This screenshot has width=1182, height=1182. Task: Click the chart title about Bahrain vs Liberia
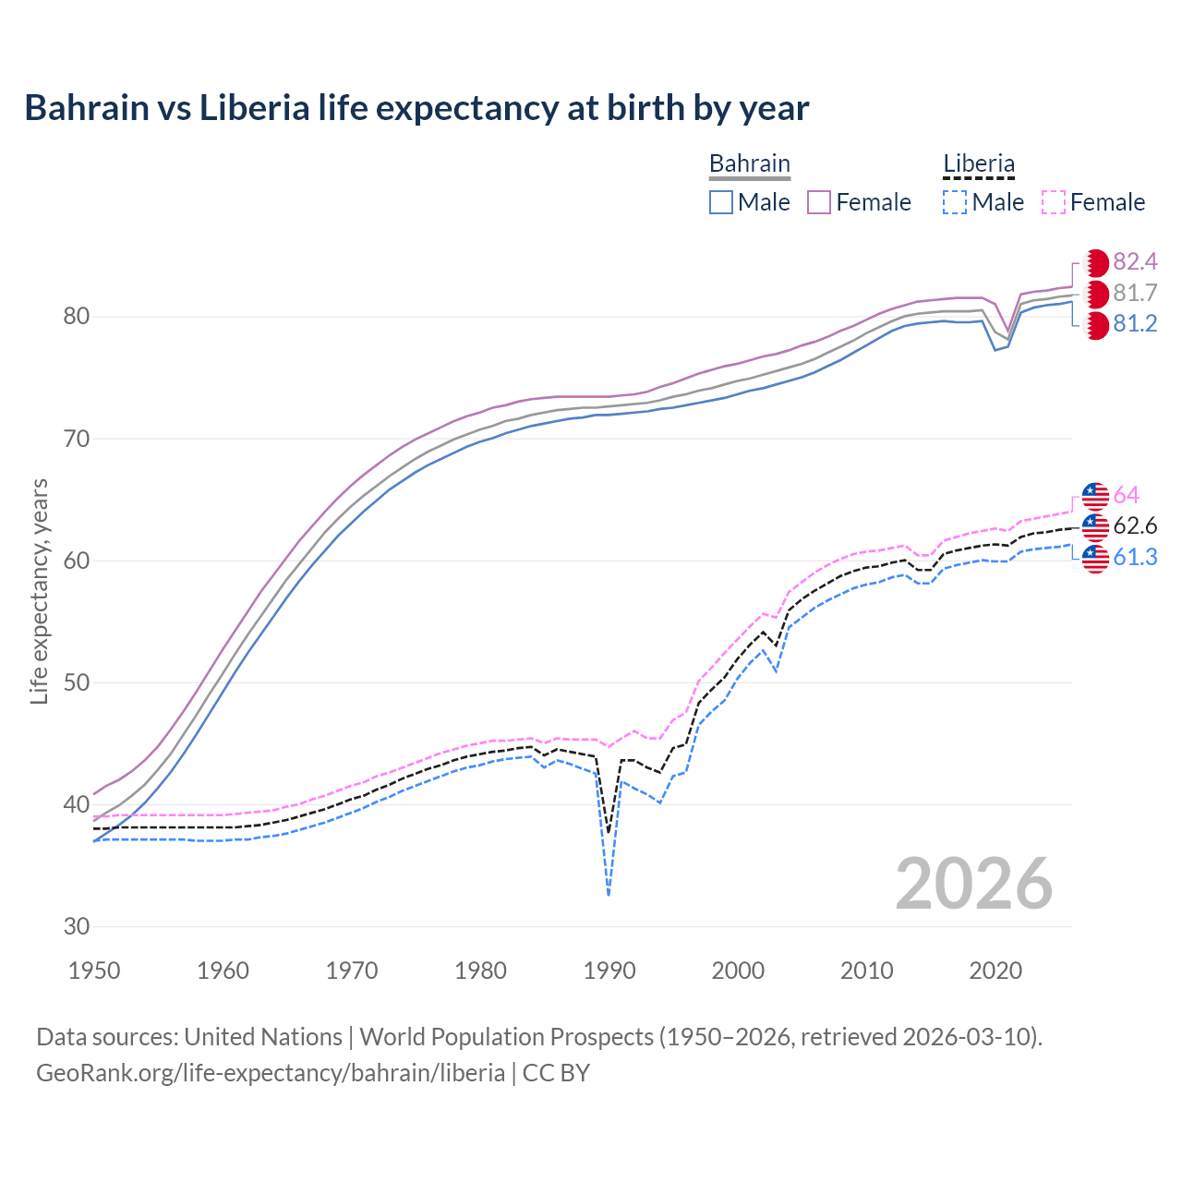point(416,108)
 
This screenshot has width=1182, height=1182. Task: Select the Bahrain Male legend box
point(721,202)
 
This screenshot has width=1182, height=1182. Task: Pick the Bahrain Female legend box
point(819,202)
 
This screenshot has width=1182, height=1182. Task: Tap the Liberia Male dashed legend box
point(955,202)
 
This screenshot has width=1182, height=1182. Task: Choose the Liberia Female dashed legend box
point(1053,202)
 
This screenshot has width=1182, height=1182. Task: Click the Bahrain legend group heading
point(749,164)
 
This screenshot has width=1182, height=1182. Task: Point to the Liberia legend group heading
point(978,164)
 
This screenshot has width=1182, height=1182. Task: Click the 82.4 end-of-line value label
point(1135,262)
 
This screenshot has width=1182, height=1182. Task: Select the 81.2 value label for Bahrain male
point(1135,324)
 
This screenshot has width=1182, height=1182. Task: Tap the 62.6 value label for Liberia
point(1135,526)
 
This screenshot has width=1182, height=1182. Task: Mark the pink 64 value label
point(1127,496)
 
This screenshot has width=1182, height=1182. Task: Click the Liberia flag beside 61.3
point(1095,558)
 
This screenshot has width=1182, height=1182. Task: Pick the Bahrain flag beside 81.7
point(1095,294)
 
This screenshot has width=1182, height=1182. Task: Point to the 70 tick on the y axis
point(77,439)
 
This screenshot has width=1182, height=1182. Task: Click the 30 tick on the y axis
point(77,926)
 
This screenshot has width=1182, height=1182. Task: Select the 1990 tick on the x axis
point(609,971)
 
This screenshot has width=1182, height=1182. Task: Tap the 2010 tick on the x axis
point(866,971)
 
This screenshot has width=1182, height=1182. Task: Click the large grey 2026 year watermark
point(973,884)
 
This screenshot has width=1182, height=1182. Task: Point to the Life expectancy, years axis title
point(39,591)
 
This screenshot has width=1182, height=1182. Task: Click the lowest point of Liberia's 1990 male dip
point(609,894)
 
